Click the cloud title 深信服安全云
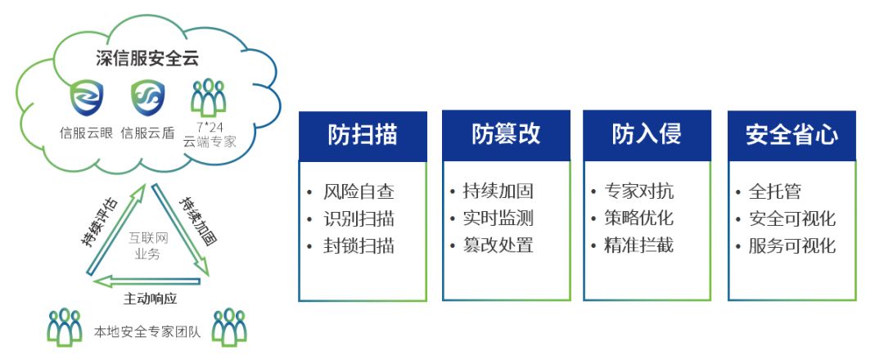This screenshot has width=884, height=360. pyautogui.click(x=147, y=58)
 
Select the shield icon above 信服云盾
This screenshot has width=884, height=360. pyautogui.click(x=147, y=98)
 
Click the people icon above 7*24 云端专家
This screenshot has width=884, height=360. pyautogui.click(x=209, y=97)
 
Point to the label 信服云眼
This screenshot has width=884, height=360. pyautogui.click(x=86, y=133)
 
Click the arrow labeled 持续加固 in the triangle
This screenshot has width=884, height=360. pyautogui.click(x=181, y=229)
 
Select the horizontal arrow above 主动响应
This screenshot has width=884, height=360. pyautogui.click(x=147, y=281)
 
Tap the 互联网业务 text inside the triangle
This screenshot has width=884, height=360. pyautogui.click(x=147, y=246)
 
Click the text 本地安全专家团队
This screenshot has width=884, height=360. pyautogui.click(x=147, y=332)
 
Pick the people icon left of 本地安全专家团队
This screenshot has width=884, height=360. pyautogui.click(x=65, y=326)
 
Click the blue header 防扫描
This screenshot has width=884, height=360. pyautogui.click(x=363, y=136)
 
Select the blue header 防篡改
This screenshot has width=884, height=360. pyautogui.click(x=507, y=136)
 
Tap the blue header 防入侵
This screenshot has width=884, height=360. pyautogui.click(x=647, y=136)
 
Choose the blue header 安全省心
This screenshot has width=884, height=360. pyautogui.click(x=792, y=136)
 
